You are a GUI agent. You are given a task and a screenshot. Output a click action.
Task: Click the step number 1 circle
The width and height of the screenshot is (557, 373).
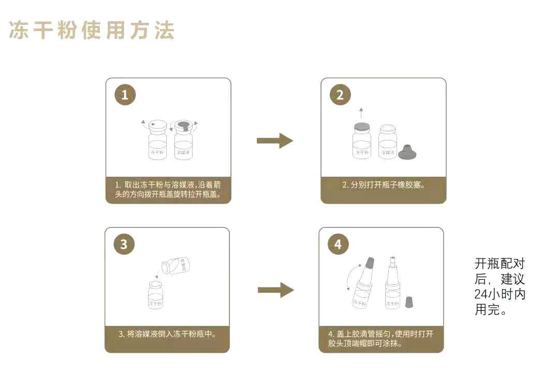124,95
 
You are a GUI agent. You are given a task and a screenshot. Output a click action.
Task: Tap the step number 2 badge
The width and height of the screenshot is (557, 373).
340,95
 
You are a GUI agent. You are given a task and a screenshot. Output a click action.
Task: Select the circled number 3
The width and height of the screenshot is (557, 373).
124,245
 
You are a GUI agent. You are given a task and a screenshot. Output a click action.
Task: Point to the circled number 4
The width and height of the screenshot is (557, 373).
338,245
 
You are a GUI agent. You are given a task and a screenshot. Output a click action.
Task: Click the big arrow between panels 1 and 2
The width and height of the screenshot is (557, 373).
275,140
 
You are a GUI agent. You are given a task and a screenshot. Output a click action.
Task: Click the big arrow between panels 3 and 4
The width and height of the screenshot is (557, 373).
275,290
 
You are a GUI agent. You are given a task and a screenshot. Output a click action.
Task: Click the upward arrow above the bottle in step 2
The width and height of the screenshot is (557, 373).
361,113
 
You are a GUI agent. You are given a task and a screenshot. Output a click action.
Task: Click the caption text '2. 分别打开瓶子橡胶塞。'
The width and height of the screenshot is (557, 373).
383,184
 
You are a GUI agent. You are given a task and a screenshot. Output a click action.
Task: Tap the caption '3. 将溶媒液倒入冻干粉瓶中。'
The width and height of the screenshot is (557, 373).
167,334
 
